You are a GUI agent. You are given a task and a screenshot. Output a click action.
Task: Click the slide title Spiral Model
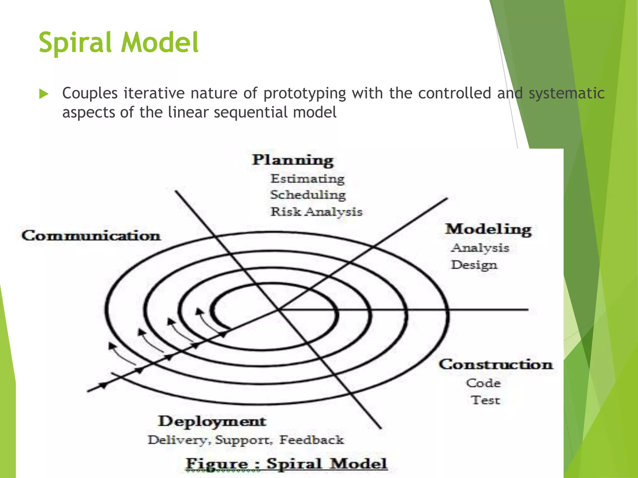tap(119, 43)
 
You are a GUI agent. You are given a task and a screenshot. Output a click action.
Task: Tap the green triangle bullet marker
tap(44, 94)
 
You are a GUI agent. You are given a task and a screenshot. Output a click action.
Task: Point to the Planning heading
tap(293, 160)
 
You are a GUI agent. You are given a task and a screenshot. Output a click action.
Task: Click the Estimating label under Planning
tap(307, 179)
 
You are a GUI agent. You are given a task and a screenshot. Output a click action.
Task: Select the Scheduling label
tap(308, 195)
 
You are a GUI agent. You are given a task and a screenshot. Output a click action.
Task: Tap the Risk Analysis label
tap(316, 212)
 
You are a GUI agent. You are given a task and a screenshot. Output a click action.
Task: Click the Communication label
tap(91, 236)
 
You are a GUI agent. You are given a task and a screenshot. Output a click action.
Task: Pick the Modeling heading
tap(488, 230)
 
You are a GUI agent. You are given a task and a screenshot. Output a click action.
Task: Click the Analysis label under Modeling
tap(480, 248)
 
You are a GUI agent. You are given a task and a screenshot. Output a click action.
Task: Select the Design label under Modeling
tap(474, 265)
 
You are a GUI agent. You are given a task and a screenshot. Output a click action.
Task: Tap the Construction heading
tap(496, 365)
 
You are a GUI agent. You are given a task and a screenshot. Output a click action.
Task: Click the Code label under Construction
tap(483, 383)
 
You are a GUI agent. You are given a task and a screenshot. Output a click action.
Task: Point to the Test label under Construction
tap(485, 400)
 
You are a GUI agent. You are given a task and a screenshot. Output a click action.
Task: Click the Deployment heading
tap(212, 422)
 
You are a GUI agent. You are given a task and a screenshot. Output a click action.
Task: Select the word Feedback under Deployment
tap(312, 440)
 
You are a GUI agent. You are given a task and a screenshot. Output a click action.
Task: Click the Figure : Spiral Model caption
tap(287, 464)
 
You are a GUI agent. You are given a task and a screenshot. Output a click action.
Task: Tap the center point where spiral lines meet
tap(278, 310)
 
